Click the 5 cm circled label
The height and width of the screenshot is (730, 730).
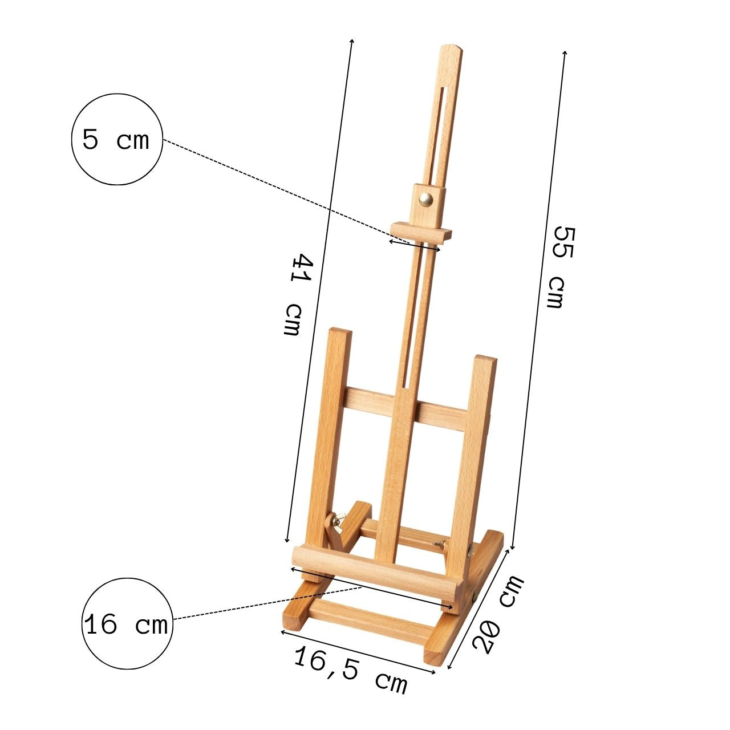tap(117, 139)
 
